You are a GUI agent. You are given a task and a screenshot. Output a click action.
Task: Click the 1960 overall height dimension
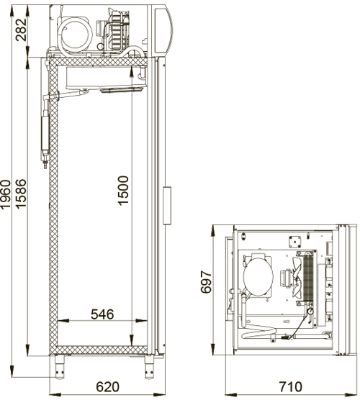(x=6, y=194)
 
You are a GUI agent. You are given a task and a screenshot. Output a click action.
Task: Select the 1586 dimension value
(x=21, y=194)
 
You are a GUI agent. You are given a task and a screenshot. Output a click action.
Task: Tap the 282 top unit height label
(x=21, y=29)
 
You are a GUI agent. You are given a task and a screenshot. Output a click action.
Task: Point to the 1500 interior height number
(x=123, y=191)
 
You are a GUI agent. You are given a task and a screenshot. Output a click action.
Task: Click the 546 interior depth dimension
(x=102, y=314)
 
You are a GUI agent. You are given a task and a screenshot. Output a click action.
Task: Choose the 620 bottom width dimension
(x=107, y=387)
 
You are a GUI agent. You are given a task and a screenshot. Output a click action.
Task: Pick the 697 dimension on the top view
(x=207, y=282)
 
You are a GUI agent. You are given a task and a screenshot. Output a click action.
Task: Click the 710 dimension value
(x=291, y=387)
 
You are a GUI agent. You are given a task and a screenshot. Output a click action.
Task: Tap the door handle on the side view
(x=167, y=205)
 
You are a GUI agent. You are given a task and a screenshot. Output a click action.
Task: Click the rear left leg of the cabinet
(x=60, y=367)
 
